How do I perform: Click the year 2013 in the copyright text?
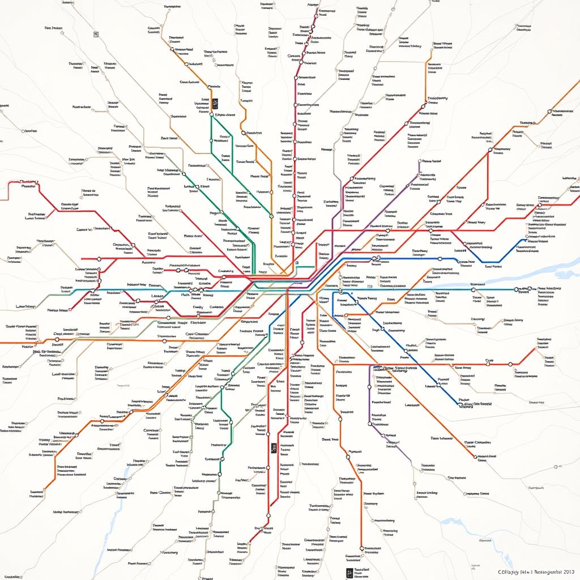tap(567, 573)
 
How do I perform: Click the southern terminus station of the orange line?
tap(361, 548)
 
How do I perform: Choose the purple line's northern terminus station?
tap(419, 161)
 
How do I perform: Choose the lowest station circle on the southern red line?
tap(268, 516)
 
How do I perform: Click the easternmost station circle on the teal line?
tap(516, 289)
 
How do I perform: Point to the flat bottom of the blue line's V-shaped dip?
tap(492, 263)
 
